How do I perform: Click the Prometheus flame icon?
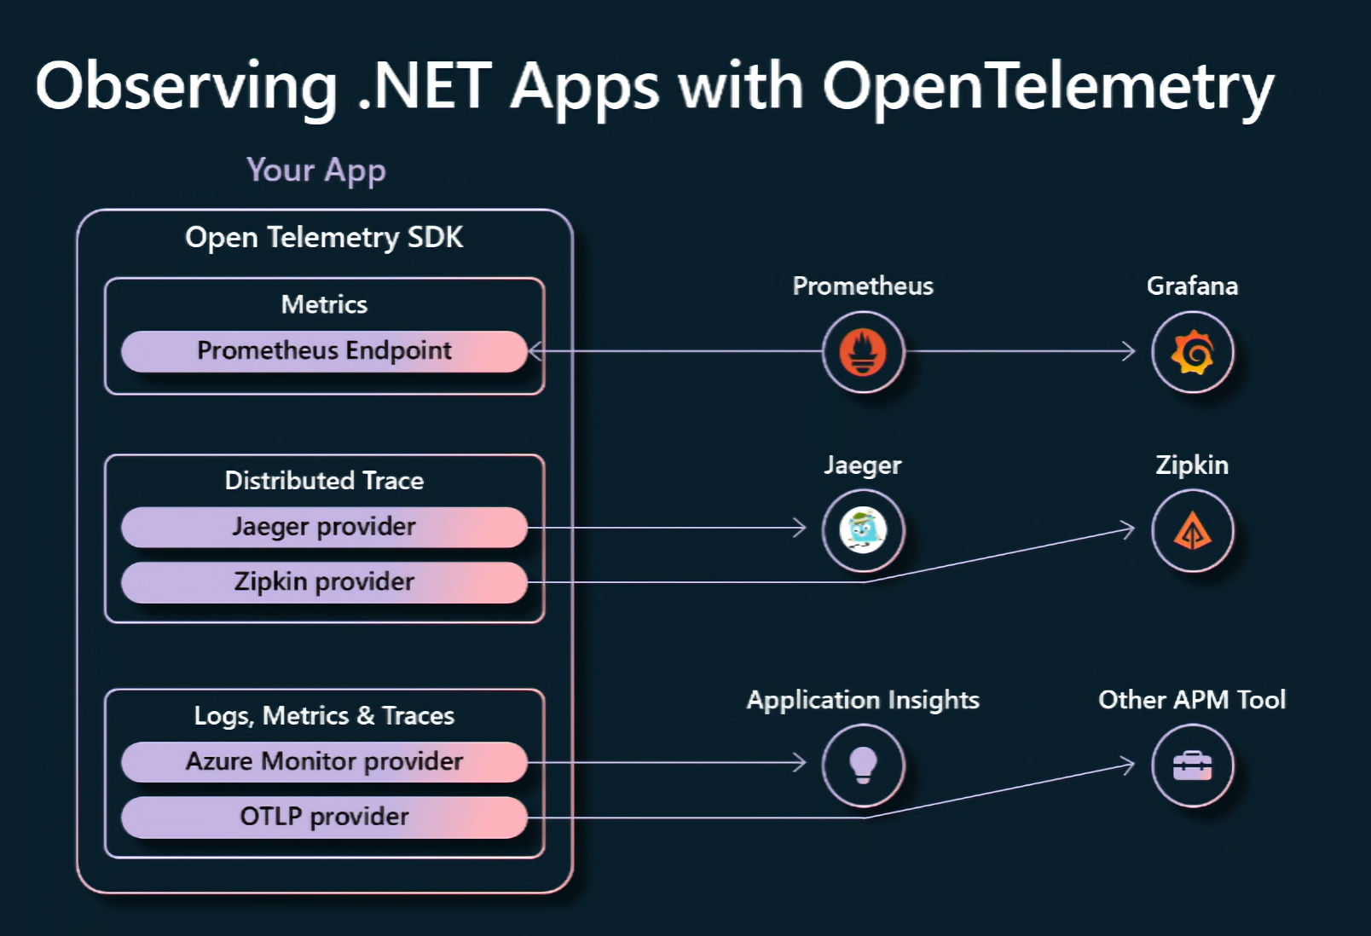point(863,351)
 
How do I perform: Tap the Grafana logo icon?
point(1192,351)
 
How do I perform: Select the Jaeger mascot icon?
point(863,529)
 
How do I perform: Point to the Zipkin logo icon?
point(1192,530)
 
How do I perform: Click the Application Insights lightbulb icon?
point(863,764)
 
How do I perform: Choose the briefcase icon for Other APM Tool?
point(1192,765)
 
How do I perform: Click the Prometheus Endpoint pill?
point(324,351)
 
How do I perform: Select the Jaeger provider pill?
point(324,527)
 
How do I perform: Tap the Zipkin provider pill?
point(324,582)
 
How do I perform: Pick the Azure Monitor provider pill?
point(324,761)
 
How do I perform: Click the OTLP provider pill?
point(324,817)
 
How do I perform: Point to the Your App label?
point(315,170)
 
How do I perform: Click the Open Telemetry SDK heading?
point(324,237)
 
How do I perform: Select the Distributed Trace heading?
point(324,481)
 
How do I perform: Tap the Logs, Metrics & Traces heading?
point(324,715)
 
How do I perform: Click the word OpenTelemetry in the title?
point(1047,87)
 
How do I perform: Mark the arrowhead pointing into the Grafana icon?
point(1130,351)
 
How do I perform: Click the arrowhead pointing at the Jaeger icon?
point(800,528)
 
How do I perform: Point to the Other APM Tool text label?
point(1191,700)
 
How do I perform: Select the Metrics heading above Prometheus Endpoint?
point(324,304)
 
